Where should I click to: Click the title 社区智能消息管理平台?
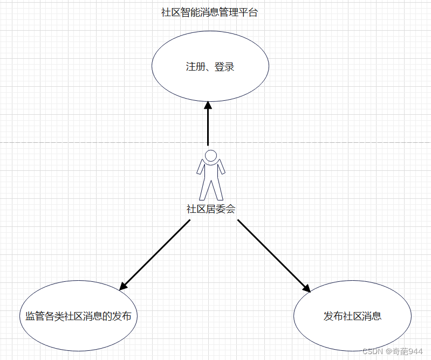coord(210,13)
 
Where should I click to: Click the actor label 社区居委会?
coord(211,209)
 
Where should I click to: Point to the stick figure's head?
coord(211,156)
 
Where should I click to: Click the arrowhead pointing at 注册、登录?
coord(208,107)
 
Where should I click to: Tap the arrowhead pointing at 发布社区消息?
coord(306,287)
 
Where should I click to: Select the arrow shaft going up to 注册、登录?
coord(208,129)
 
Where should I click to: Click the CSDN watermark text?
coord(372,351)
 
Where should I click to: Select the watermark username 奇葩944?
coord(408,351)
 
